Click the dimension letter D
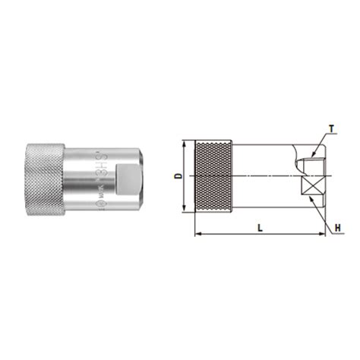[x=178, y=177]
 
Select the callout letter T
[x=333, y=130]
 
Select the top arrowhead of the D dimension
[x=185, y=144]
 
